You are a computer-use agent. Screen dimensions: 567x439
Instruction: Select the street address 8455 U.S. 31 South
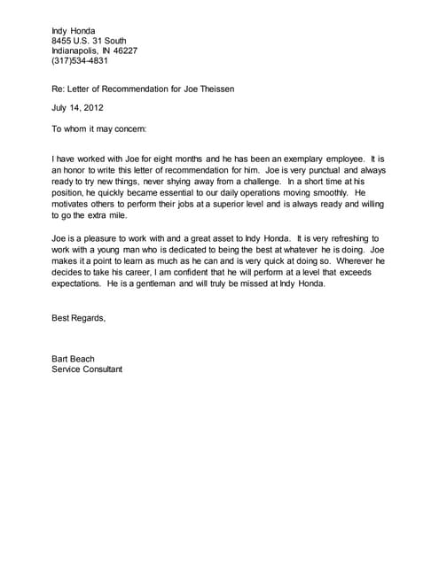89,40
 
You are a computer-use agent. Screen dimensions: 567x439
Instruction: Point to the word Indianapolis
78,50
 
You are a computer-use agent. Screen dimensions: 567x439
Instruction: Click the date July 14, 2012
79,107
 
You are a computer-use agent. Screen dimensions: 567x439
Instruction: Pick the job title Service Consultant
87,369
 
